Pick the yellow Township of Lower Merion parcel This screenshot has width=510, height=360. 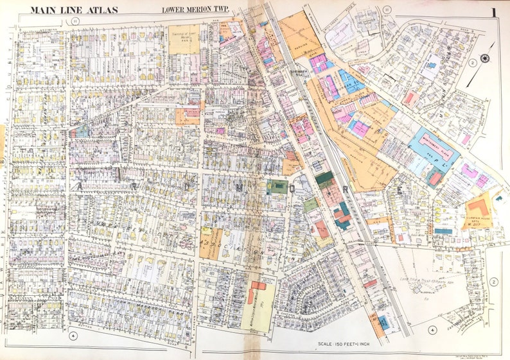[184, 38]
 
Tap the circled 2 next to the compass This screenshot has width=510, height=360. [471, 62]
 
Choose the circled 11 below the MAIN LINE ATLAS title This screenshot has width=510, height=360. [75, 21]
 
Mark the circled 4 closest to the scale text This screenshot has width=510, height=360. [432, 330]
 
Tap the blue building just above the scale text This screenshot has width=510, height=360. [383, 321]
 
